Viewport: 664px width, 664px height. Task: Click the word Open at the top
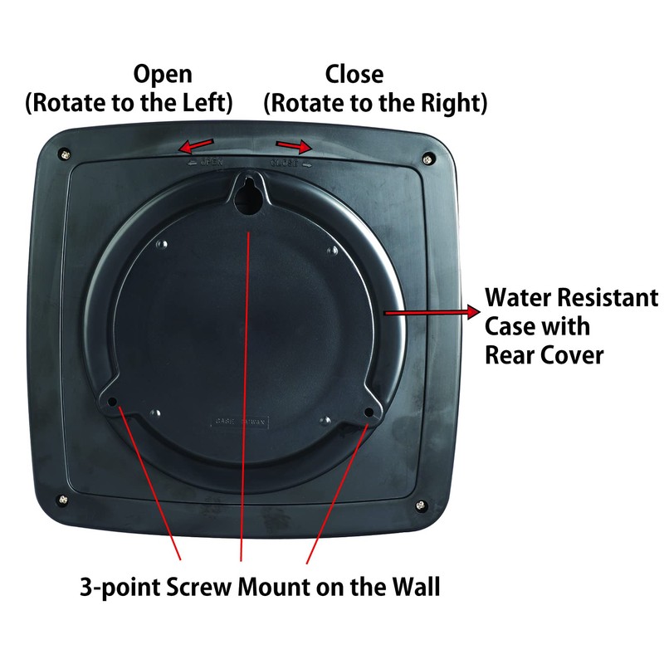click(163, 75)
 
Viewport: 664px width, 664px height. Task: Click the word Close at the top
click(354, 75)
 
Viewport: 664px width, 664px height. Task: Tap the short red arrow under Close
click(295, 146)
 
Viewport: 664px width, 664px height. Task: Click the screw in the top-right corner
click(427, 157)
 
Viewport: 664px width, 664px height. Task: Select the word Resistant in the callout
click(610, 297)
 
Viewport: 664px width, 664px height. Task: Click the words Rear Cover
click(544, 354)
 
